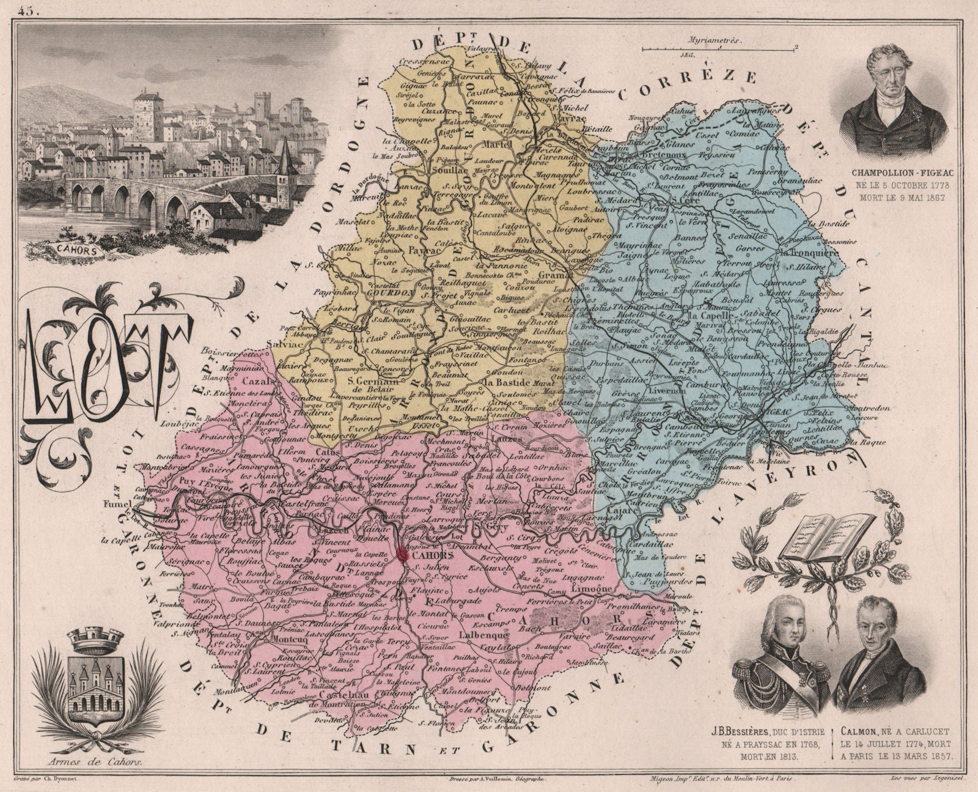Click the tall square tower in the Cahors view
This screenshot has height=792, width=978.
pos(148,116)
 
